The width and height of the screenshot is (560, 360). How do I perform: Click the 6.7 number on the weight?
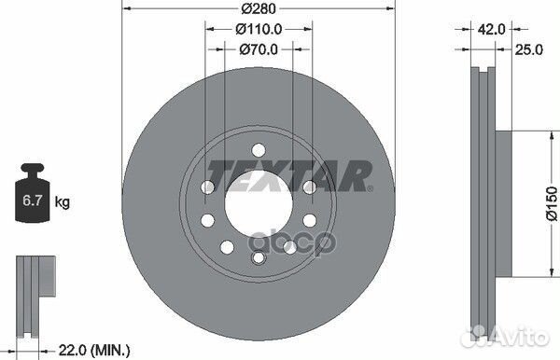click(x=30, y=201)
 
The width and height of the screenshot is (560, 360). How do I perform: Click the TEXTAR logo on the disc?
click(x=288, y=174)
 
